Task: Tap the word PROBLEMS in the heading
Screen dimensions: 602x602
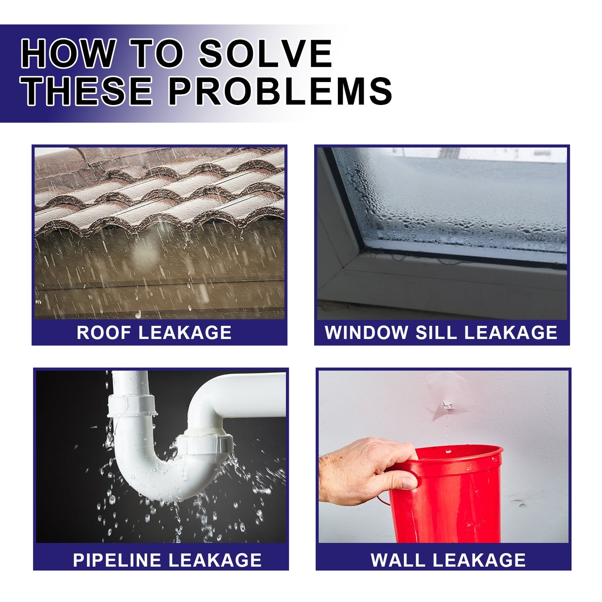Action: point(280,91)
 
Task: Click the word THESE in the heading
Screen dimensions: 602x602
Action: point(87,91)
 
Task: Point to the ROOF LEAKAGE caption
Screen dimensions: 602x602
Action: point(154,332)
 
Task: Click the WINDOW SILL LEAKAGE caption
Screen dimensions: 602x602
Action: point(441,332)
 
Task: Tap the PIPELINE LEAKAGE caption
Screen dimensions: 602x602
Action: point(167,560)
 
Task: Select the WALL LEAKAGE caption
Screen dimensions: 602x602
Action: point(448,560)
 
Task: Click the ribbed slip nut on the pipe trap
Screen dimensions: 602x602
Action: point(208,444)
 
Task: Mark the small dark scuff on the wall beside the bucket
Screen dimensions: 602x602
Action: point(520,503)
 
